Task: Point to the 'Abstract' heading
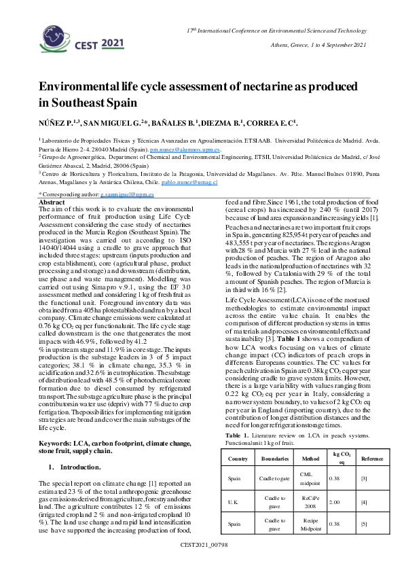point(52,202)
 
